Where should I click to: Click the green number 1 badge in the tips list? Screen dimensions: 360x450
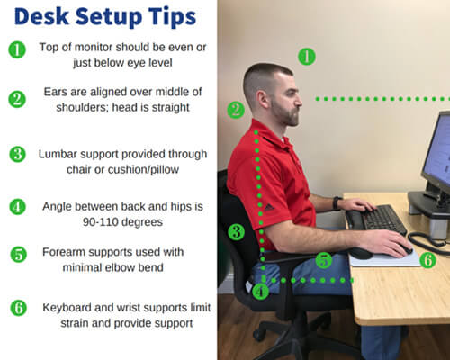pos(17,49)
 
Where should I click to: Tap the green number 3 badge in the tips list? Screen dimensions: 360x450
pos(17,154)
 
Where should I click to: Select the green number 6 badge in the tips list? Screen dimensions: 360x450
pos(17,307)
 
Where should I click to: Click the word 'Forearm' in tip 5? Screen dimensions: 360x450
pos(64,255)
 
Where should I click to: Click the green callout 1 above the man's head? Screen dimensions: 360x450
pos(306,57)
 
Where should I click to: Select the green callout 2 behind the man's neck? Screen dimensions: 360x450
pos(236,111)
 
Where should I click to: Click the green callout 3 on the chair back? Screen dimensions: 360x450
pos(236,231)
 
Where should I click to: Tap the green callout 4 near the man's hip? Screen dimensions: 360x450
pos(260,291)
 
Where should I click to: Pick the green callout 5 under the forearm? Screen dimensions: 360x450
pos(323,260)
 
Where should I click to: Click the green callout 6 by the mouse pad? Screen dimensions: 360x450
pos(427,260)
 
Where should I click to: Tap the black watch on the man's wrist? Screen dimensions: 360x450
pos(337,203)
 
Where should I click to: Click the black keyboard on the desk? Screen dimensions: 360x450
pos(378,219)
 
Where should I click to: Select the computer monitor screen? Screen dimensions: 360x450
pos(439,153)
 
